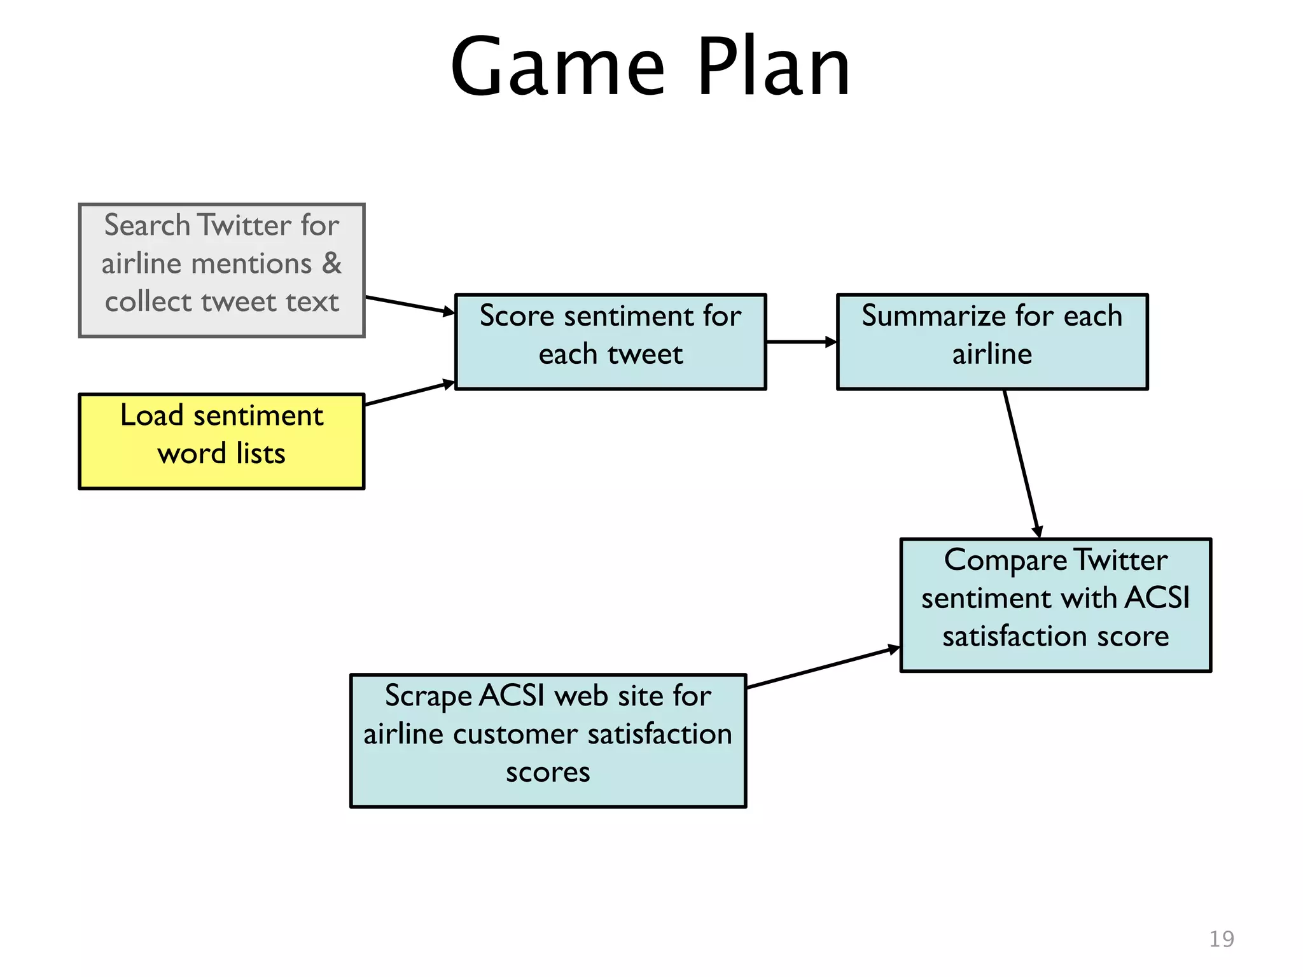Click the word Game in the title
[x=557, y=67]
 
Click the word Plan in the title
[x=774, y=67]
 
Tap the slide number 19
[x=1221, y=939]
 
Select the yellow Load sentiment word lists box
[x=221, y=441]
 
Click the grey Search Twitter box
[x=221, y=270]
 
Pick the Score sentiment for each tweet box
[x=610, y=342]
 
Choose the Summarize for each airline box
[x=992, y=342]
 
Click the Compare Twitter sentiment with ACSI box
[x=1056, y=605]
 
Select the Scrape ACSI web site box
[x=548, y=740]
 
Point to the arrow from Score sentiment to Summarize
[x=801, y=342]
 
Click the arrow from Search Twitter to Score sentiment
[x=410, y=305]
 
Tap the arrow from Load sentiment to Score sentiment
[x=410, y=393]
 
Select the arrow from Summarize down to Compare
[x=1022, y=464]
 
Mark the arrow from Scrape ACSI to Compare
[x=823, y=668]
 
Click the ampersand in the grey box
[x=331, y=263]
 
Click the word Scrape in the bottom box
[x=428, y=696]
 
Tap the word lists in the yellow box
[x=260, y=454]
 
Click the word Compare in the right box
[x=1005, y=561]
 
